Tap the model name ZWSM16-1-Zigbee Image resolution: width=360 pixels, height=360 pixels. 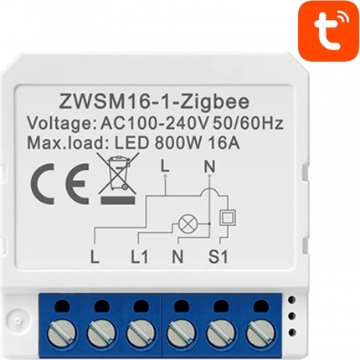pos(153,101)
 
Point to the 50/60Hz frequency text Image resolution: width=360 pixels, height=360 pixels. pos(248,123)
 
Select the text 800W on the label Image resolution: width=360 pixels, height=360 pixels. pos(181,143)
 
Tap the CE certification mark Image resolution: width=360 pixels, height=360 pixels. pos(60,182)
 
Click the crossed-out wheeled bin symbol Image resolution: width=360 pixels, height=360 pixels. pos(118,178)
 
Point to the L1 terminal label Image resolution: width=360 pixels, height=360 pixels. pos(139,256)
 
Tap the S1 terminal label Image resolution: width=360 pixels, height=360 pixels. pos(218,256)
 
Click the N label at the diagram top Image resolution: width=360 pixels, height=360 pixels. pos(209,167)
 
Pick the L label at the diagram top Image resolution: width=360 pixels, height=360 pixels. pos(165,167)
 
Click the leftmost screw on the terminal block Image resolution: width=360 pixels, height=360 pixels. pos(62,332)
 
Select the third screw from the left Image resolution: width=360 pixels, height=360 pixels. pos(141,332)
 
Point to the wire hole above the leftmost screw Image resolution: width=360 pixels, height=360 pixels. pos(62,304)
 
